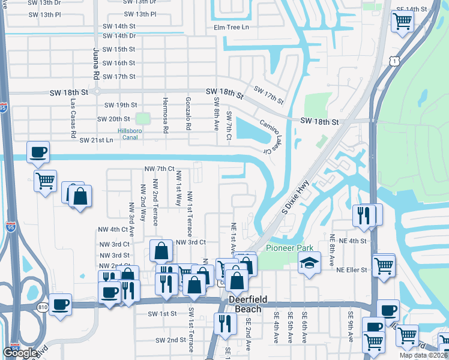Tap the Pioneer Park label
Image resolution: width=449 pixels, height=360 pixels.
286,247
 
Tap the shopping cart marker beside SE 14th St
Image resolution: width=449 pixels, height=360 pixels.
402,21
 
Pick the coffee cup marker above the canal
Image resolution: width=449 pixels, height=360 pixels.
38,151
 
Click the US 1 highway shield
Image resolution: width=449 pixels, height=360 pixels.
393,60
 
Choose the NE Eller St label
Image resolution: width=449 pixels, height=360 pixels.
351,270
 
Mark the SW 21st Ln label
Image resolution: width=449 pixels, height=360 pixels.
96,140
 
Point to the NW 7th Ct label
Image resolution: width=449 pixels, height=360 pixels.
159,169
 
